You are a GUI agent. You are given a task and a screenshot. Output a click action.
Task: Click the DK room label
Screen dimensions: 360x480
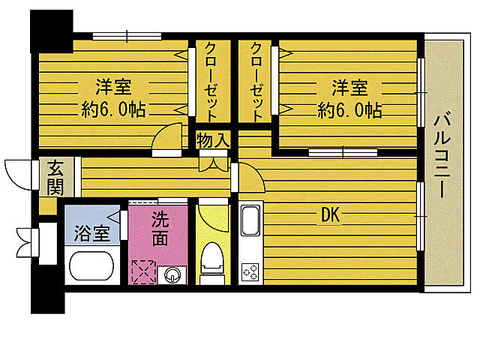[x=330, y=216]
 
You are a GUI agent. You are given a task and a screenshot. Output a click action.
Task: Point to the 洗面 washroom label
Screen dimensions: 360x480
[x=160, y=229]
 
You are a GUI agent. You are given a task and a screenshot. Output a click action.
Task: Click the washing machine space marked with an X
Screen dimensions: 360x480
[x=143, y=271]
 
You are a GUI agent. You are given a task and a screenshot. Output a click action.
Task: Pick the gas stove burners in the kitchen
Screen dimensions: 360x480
[x=250, y=271]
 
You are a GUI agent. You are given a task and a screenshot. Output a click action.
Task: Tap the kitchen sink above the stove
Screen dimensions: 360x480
[x=250, y=222]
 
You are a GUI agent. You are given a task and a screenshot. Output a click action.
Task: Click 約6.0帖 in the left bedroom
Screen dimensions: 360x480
[x=113, y=109]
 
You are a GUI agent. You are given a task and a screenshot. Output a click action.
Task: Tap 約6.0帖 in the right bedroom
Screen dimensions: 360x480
[x=349, y=109]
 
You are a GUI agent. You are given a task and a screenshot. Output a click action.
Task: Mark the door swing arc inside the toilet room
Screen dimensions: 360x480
[x=213, y=217]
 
